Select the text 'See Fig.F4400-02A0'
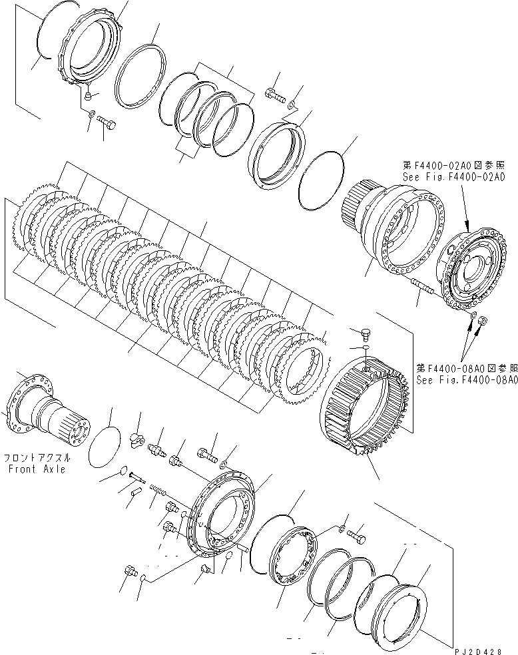pos(453,177)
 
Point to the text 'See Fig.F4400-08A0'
pos(467,380)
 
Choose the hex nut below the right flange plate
pos(484,322)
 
